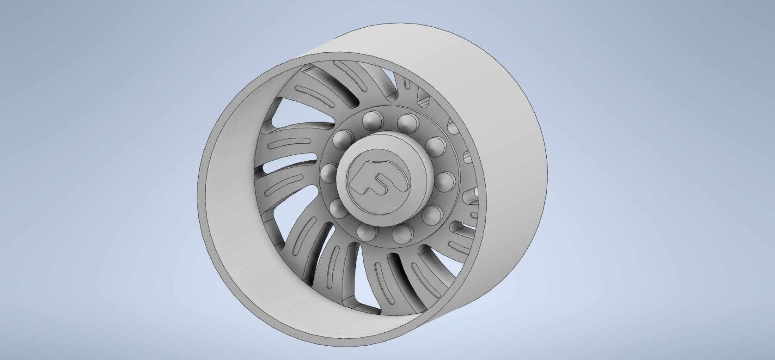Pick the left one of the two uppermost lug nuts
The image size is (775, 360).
point(371,122)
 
